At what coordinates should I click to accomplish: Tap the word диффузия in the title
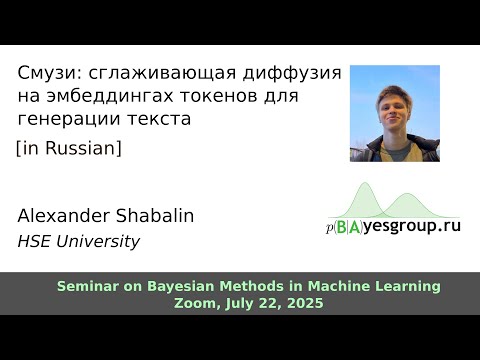294,74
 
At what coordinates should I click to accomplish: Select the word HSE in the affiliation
35,241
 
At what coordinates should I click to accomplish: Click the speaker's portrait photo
394,112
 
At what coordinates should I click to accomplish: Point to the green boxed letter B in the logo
343,226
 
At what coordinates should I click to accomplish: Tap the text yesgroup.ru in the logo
411,226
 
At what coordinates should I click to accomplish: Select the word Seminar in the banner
87,286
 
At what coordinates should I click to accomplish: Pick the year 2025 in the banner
304,303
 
